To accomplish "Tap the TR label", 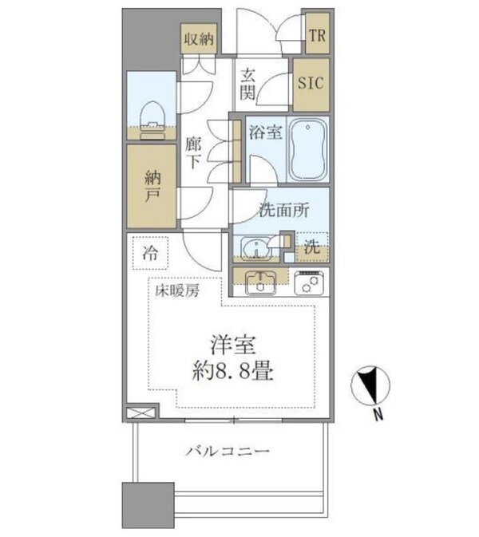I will [x=316, y=36].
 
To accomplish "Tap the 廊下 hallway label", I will [x=193, y=152].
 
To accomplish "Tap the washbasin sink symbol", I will [x=255, y=250].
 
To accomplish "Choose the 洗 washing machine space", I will [x=313, y=247].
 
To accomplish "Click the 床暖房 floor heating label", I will [x=176, y=293].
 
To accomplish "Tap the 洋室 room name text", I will [x=233, y=346].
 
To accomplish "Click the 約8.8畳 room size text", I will [x=233, y=372].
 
